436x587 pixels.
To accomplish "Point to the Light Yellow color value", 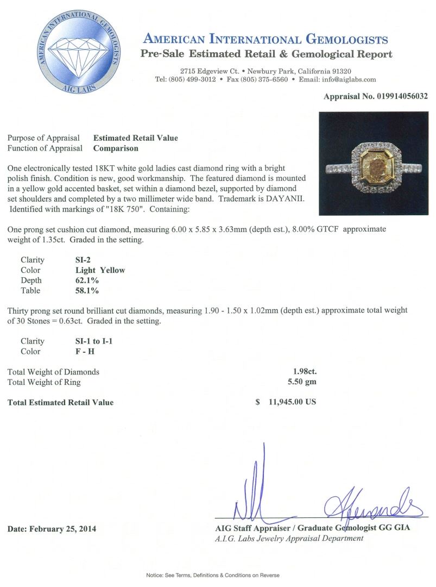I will tap(100, 270).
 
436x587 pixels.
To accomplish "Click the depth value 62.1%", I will tap(87, 280).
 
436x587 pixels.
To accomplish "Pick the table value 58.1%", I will tap(87, 291).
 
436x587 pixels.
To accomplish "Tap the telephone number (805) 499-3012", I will tap(193, 79).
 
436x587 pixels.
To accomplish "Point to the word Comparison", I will tap(116, 148).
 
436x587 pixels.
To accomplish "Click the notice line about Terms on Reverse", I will tap(213, 575).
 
